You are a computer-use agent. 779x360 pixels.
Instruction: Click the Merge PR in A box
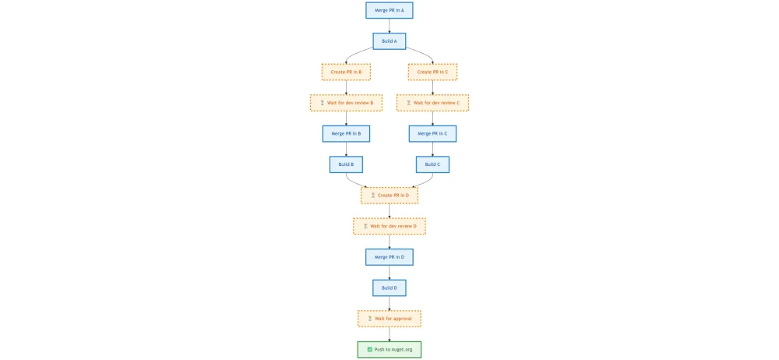click(x=389, y=10)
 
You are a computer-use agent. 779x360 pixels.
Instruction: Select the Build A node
click(x=389, y=41)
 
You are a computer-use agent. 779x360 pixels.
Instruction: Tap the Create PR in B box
click(x=346, y=72)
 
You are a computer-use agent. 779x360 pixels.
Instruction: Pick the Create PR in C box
click(x=432, y=72)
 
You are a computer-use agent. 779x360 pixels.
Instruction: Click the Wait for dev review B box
click(x=346, y=103)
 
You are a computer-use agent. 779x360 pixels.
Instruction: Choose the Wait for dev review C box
click(x=432, y=103)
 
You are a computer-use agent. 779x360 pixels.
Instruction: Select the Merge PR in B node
click(x=346, y=133)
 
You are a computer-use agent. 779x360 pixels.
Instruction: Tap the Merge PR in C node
click(x=432, y=133)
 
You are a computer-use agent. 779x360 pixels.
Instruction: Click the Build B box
click(x=346, y=164)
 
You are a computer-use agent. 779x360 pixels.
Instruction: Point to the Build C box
click(x=432, y=164)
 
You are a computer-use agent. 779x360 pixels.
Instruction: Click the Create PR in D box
click(x=389, y=195)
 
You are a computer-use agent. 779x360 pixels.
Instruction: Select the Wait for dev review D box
click(x=389, y=226)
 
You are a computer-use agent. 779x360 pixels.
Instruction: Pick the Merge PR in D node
click(x=389, y=256)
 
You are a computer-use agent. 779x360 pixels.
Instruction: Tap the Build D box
click(x=389, y=288)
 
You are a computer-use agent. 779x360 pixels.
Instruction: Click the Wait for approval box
click(x=389, y=319)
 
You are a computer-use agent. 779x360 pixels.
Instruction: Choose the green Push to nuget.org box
click(x=389, y=349)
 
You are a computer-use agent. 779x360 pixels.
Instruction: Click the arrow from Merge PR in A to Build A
click(x=389, y=26)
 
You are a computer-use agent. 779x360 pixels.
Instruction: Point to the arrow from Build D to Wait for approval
click(x=389, y=303)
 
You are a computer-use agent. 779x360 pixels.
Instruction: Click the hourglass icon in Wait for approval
click(x=370, y=319)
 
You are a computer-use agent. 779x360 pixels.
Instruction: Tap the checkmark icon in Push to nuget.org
click(x=369, y=349)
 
